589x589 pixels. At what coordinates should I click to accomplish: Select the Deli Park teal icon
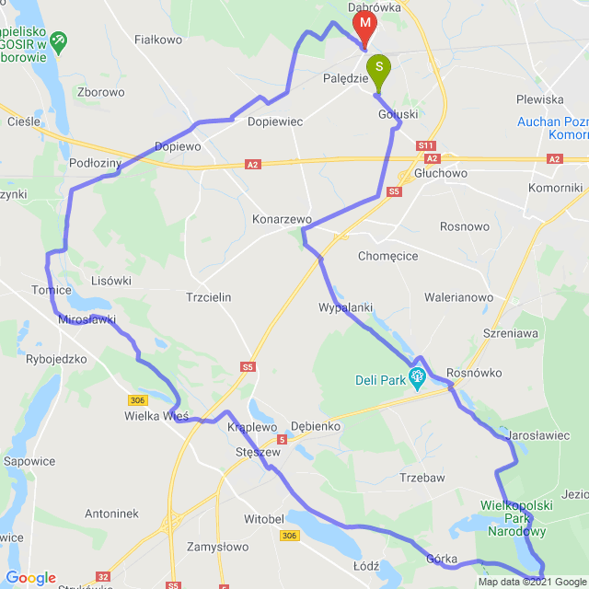[x=417, y=375]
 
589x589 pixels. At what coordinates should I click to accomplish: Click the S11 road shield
[x=425, y=145]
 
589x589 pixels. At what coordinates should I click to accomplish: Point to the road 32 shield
[x=103, y=577]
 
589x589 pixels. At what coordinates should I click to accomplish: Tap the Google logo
[x=30, y=577]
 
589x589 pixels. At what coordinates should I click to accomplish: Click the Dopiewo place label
[x=178, y=145]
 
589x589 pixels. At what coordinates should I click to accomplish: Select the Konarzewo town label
[x=283, y=220]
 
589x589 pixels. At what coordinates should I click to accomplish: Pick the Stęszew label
[x=258, y=452]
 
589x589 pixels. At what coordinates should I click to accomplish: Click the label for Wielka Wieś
[x=156, y=416]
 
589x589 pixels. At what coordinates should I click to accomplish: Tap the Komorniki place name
[x=555, y=188]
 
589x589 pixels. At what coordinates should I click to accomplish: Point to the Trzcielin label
[x=208, y=297]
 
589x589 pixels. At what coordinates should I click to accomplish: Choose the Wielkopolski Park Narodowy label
[x=515, y=517]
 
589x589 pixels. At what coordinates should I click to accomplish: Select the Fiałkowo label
[x=158, y=40]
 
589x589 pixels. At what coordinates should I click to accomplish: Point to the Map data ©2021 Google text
[x=531, y=582]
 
